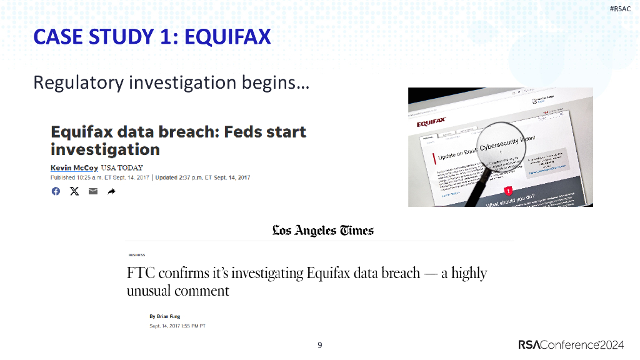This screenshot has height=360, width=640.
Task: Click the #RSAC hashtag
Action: coord(621,9)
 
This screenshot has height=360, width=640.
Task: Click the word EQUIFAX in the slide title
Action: coord(228,37)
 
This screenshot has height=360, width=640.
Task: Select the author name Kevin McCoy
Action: coord(74,168)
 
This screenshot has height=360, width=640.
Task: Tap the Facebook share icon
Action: coord(56,191)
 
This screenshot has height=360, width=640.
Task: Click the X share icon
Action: coord(74,191)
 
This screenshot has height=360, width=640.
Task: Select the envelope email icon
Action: coord(93,191)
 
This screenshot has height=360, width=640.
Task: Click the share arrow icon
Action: coord(112,191)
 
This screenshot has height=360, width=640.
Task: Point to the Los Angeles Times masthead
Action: coord(322,231)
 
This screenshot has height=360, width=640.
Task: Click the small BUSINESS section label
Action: coord(137,255)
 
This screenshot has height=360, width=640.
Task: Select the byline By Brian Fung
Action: coord(165,316)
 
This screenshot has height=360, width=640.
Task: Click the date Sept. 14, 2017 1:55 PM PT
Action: coord(177,326)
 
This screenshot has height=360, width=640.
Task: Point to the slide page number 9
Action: coord(320,345)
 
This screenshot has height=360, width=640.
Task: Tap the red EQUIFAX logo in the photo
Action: coord(432,123)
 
